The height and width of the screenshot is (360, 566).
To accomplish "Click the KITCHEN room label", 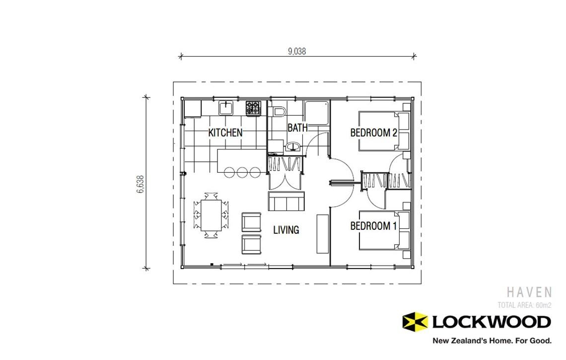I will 225,133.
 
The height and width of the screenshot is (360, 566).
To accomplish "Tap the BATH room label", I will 297,128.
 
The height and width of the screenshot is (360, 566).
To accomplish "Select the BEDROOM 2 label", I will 373,133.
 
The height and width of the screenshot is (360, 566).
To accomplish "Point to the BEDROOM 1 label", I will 373,226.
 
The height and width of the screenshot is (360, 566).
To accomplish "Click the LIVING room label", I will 286,230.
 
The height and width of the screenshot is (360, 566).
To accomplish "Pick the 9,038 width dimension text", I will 296,51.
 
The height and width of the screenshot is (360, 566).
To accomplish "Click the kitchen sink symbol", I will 226,108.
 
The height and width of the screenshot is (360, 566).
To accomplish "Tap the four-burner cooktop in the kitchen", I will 253,108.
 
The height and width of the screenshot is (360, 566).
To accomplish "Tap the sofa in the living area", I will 286,201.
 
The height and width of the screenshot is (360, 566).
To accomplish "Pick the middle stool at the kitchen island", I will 242,172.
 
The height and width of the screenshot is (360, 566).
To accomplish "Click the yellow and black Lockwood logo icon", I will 415,322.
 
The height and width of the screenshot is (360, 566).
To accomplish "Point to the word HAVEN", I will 529,292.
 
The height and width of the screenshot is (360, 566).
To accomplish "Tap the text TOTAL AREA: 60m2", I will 524,305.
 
